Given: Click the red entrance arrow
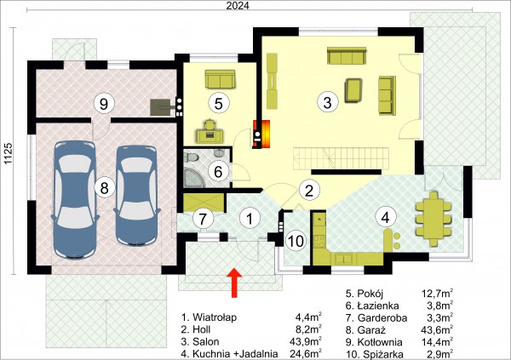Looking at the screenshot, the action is tap(234, 283).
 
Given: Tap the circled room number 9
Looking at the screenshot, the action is tap(104, 104).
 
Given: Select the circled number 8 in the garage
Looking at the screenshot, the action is tap(104, 188).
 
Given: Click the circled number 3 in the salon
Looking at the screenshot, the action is tap(328, 102).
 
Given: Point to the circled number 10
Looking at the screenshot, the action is tap(296, 242).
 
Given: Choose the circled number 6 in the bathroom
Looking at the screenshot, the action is tap(218, 171).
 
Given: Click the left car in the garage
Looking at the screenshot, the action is tap(75, 200).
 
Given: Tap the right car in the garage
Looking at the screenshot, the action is tap(137, 196).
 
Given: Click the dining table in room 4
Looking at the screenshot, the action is tap(433, 219).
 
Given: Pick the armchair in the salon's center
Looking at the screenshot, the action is tap(353, 90).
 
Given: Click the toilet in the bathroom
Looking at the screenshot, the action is tap(192, 158).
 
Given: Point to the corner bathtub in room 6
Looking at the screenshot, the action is tap(194, 176).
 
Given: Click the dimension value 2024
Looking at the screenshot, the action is tap(238, 6).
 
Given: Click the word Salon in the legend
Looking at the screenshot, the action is tap(205, 341).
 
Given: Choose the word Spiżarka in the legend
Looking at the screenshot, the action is tap(380, 354).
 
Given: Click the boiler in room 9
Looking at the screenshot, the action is tap(160, 107).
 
